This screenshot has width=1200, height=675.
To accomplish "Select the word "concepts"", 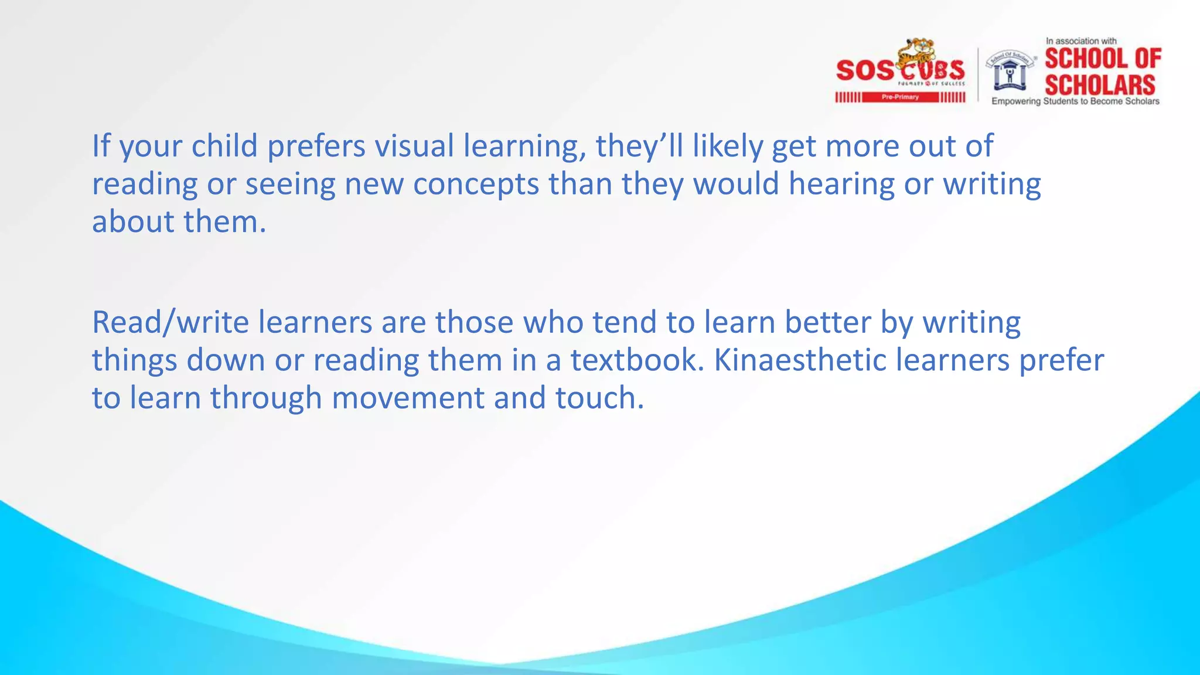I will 476,184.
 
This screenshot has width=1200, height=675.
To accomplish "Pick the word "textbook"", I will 637,360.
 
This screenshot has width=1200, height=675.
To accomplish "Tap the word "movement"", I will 408,398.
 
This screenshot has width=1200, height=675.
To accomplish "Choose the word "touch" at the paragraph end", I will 599,398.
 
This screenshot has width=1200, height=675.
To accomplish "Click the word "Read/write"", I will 171,322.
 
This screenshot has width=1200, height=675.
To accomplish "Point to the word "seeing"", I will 290,184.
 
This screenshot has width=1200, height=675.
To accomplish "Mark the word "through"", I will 266,398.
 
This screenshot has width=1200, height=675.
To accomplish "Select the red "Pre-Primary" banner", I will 900,97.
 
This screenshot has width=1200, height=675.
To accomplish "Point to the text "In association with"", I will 1081,41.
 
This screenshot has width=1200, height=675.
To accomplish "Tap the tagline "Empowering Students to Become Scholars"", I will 1075,101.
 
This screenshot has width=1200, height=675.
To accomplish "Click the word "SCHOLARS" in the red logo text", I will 1100,85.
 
